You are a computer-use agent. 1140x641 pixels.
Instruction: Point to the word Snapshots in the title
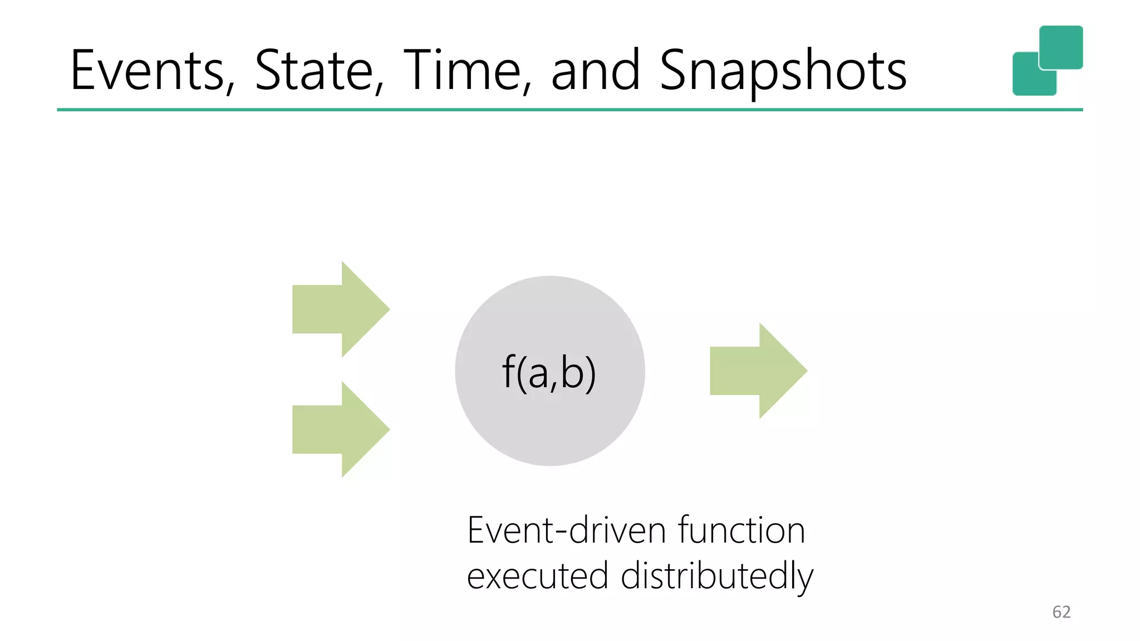[783, 71]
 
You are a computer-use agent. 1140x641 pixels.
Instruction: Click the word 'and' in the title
[594, 71]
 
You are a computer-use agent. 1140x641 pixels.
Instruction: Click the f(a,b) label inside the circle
[549, 373]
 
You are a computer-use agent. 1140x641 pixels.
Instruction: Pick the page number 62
[1061, 612]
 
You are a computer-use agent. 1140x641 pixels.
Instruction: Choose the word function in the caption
[741, 530]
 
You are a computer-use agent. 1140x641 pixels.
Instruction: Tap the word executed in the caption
[537, 576]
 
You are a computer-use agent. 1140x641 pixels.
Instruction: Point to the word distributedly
[717, 576]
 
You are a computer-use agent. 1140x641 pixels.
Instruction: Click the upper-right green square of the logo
[1061, 47]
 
